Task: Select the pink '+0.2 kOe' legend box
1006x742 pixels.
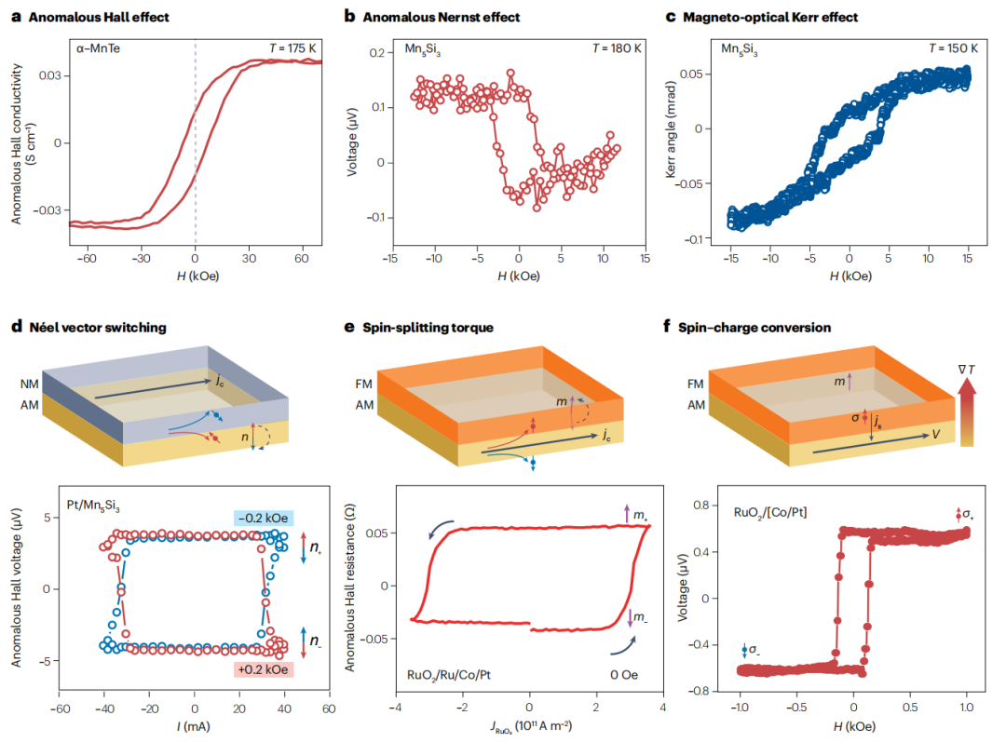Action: pyautogui.click(x=265, y=668)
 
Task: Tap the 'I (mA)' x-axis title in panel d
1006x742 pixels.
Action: pyautogui.click(x=194, y=726)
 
